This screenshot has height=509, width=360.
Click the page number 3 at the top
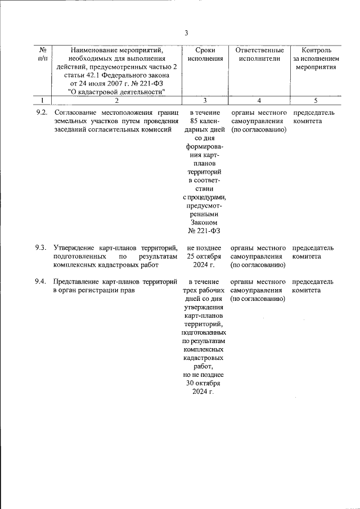click(186, 32)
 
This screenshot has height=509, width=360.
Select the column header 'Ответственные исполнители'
click(259, 54)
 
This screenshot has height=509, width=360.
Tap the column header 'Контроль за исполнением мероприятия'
click(316, 58)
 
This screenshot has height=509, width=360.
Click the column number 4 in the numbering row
click(259, 101)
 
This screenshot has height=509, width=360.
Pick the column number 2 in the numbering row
click(116, 101)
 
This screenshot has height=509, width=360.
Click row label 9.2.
click(40, 112)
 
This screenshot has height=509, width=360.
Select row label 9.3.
click(40, 247)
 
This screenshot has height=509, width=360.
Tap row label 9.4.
click(40, 282)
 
